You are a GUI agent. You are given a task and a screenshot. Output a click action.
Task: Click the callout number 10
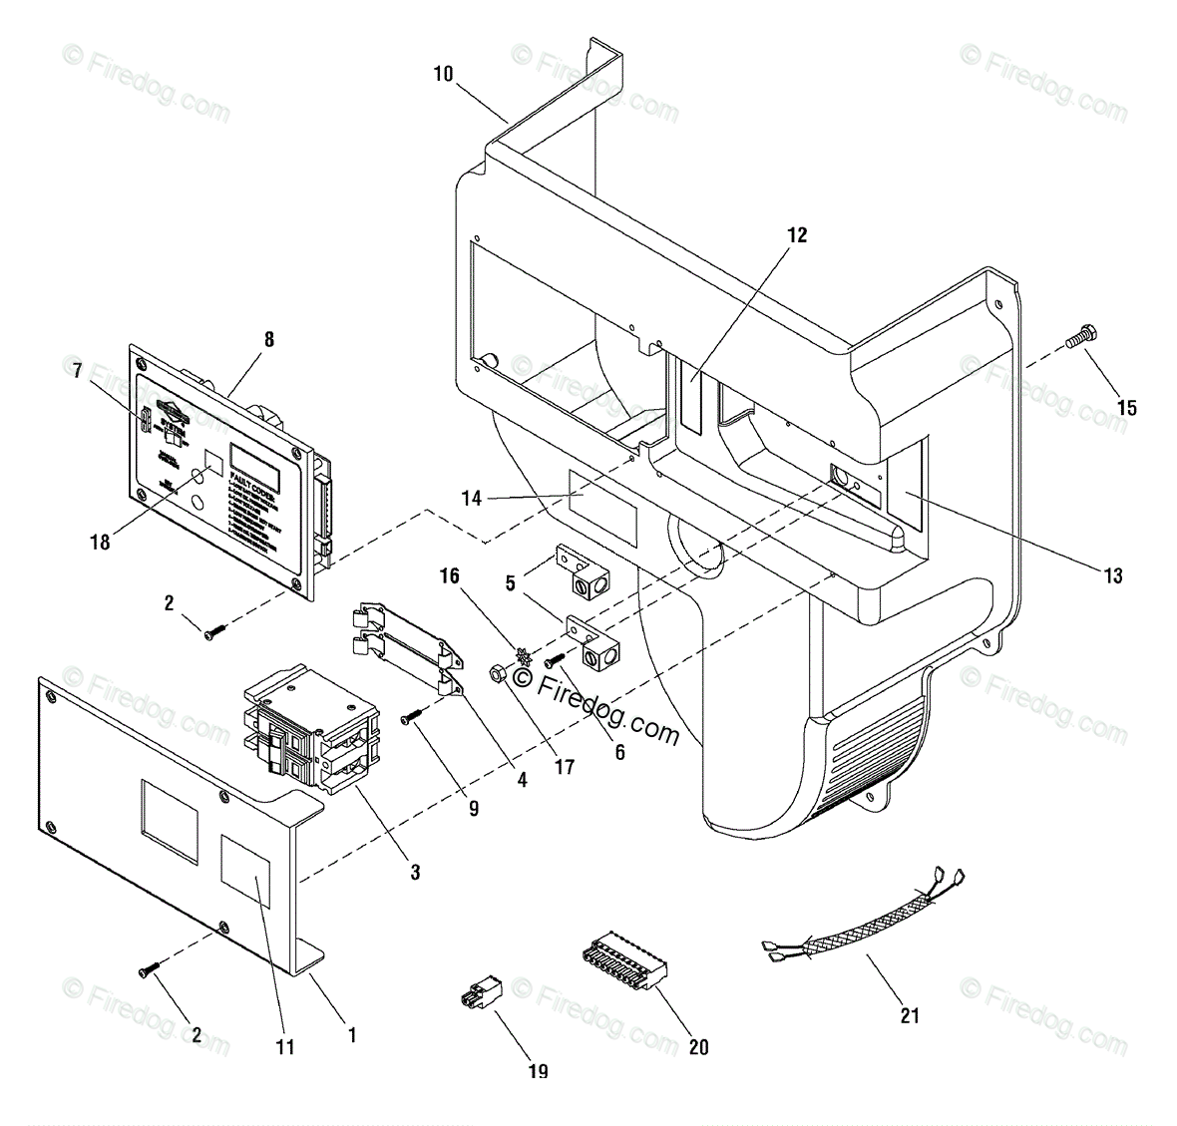[x=443, y=73]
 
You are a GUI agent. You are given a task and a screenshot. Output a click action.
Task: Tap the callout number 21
[x=910, y=1015]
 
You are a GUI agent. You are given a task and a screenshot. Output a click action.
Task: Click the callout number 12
[x=796, y=235]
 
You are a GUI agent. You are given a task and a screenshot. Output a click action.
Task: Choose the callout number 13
[x=1113, y=575]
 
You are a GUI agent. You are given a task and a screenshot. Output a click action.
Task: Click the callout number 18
[x=100, y=543]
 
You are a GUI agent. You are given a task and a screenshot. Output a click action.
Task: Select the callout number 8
[x=267, y=339]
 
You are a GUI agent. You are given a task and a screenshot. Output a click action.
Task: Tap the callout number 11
[x=285, y=1046]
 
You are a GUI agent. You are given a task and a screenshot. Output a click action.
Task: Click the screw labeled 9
[x=411, y=716]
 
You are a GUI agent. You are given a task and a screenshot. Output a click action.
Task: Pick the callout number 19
[x=538, y=1071]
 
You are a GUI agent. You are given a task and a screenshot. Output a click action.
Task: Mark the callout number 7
[x=78, y=371]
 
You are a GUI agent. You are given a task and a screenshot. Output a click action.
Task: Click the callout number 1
[x=351, y=1035]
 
